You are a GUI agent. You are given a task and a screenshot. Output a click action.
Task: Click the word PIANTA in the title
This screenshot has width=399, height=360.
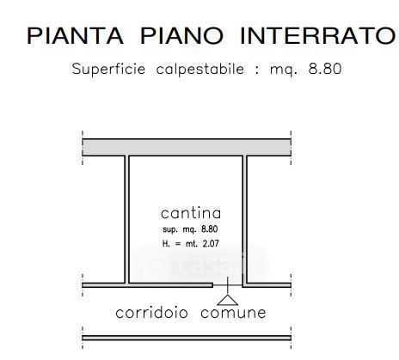[75, 36]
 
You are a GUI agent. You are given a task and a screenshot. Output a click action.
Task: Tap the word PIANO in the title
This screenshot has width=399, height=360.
[181, 36]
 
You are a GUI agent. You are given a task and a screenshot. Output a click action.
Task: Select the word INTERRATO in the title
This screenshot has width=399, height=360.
[317, 36]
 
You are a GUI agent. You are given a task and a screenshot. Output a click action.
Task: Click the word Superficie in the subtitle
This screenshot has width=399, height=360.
[108, 69]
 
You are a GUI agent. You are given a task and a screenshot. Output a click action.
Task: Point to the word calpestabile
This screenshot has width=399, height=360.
[200, 70]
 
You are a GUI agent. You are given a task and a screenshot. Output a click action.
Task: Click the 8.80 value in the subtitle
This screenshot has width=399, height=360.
[325, 69]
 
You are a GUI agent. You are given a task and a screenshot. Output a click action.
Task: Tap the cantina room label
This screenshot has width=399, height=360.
[191, 213]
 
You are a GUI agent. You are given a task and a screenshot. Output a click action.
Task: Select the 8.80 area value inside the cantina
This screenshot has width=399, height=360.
[210, 229]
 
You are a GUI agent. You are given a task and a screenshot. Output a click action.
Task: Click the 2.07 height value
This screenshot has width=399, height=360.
[211, 244]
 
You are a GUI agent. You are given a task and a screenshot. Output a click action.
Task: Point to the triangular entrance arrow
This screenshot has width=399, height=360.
[228, 300]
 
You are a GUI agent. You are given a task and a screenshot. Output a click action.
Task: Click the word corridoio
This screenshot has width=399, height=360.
[151, 313]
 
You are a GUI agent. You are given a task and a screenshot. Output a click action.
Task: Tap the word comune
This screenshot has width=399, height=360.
[233, 313]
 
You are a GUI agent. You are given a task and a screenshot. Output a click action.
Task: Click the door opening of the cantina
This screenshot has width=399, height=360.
[228, 285]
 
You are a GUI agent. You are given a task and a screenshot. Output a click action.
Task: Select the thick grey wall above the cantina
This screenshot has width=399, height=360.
[187, 147]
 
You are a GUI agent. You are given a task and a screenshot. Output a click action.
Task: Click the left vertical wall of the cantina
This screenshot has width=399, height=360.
[126, 220]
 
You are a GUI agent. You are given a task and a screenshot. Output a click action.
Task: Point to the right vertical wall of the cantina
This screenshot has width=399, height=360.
[244, 221]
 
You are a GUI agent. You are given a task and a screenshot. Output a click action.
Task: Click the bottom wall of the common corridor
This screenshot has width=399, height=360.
[187, 338]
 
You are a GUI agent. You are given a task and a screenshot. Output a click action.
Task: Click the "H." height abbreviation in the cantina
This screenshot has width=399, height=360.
[166, 244]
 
